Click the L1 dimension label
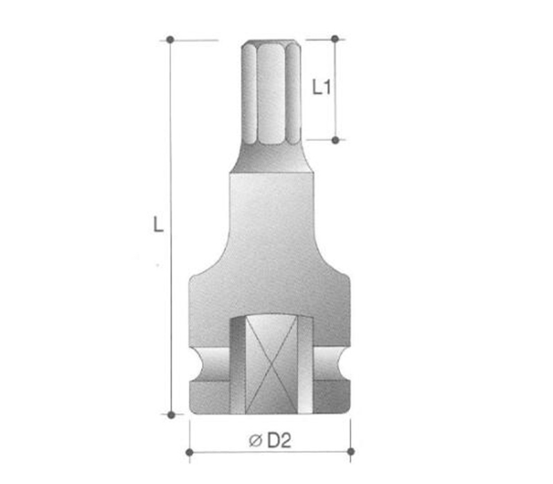pos(321,87)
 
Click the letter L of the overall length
pos(158,224)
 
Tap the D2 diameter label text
pos(279,440)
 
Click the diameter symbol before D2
pos(255,440)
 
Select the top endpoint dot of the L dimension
pos(170,39)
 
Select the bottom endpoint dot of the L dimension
pos(171,415)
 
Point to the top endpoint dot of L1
pos(335,39)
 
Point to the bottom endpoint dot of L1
pos(335,140)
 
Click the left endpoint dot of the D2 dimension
pos(189,452)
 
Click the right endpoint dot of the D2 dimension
pos(350,452)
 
